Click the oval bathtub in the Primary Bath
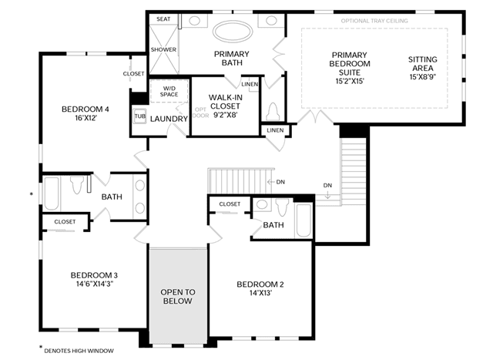233,32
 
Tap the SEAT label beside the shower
163,19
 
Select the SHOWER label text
163,49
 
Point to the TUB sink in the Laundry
139,116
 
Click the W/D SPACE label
169,91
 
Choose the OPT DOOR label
200,113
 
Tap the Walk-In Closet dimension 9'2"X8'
225,115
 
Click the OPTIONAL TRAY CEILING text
374,21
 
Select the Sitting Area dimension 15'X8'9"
423,77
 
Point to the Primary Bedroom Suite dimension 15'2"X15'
350,81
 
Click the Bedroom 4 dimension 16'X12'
86,118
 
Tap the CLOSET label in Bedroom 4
133,74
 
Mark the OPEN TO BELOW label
178,297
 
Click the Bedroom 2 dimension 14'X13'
260,293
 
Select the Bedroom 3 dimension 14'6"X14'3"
94,284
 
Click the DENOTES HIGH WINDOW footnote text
79,351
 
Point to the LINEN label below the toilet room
275,130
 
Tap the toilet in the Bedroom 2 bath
282,207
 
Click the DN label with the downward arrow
327,185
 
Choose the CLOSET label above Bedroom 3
65,221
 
